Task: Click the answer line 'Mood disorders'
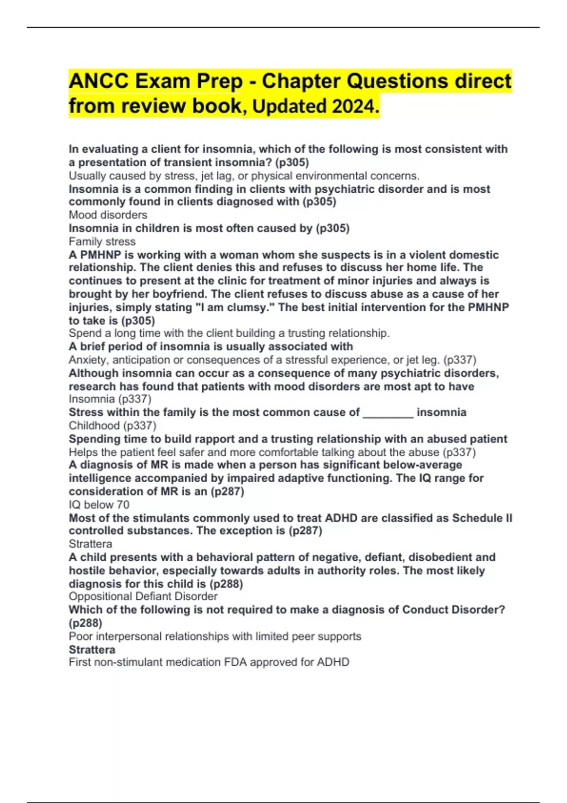click(108, 215)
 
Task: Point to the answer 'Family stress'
click(102, 241)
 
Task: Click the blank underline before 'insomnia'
click(388, 412)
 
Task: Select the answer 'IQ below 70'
click(99, 504)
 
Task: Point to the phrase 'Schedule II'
click(482, 518)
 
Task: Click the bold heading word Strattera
click(92, 649)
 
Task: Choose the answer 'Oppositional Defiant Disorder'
click(143, 596)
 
